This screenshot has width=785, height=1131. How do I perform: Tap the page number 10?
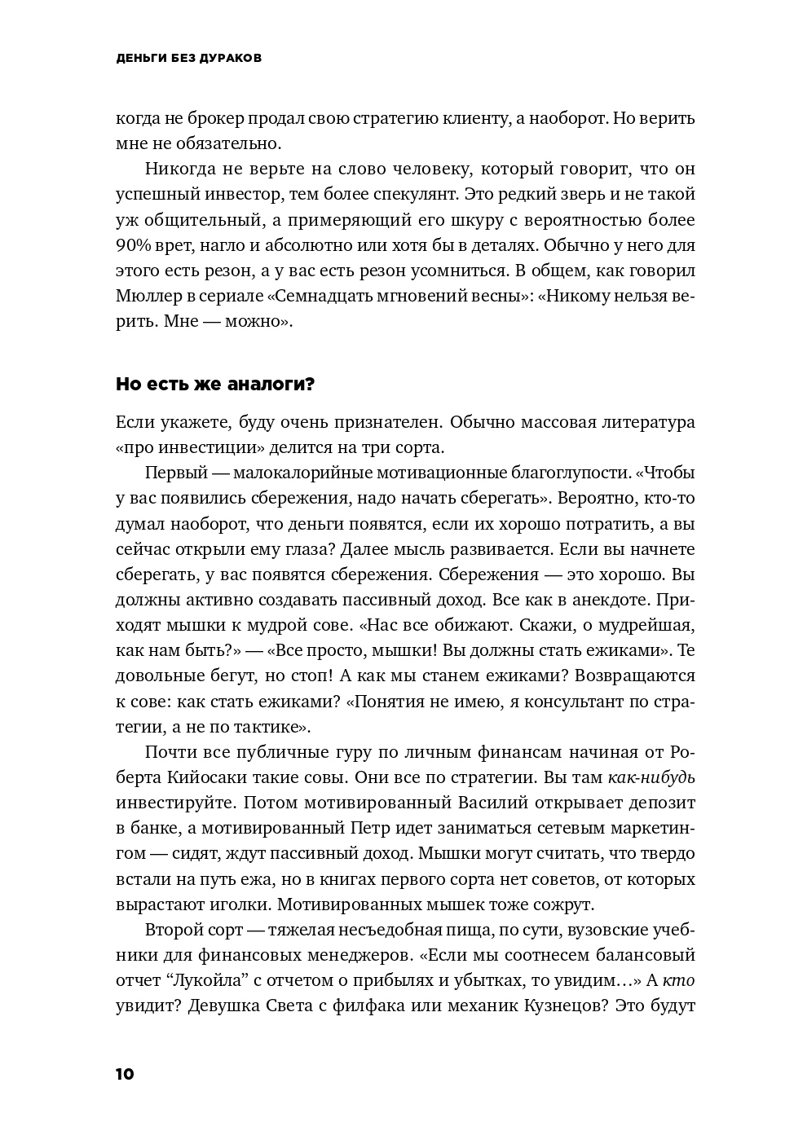[x=125, y=1073]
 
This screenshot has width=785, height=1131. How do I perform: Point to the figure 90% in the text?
[x=133, y=245]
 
